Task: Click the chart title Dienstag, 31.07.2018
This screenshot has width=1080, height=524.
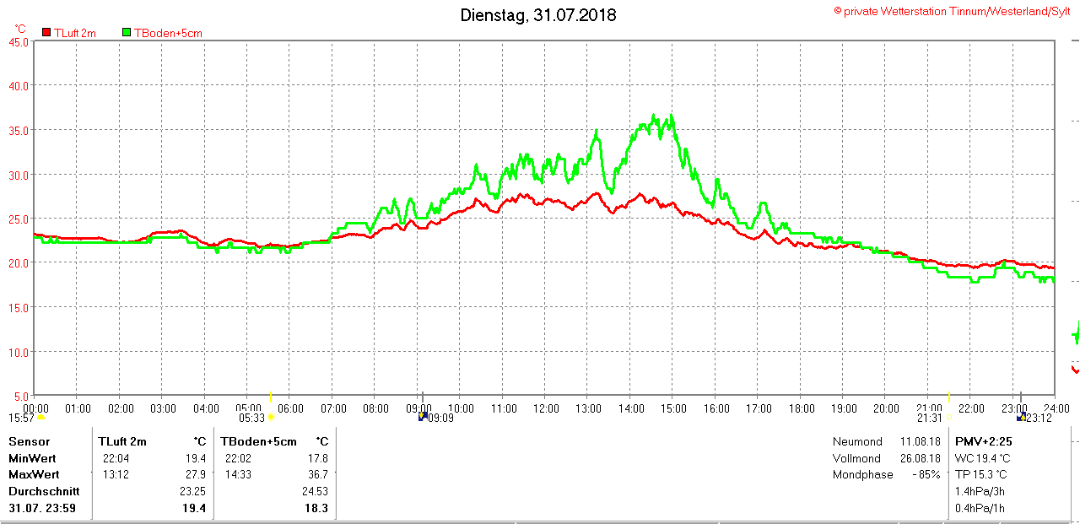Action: [x=537, y=15]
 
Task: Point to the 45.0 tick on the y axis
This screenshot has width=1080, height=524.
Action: [x=18, y=41]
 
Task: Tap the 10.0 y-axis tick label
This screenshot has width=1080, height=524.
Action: [x=18, y=351]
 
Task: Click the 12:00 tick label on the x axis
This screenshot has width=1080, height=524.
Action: [x=546, y=408]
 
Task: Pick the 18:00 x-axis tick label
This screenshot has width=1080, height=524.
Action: [x=801, y=408]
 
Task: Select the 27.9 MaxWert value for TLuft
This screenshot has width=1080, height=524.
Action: [x=195, y=474]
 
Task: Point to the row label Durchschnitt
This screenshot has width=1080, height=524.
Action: [x=44, y=491]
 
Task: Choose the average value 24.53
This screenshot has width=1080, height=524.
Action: [x=315, y=491]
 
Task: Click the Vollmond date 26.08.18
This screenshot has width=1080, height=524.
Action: [x=920, y=458]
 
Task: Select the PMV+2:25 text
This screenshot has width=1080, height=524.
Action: [x=983, y=441]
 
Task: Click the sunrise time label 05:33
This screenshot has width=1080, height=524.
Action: [x=251, y=418]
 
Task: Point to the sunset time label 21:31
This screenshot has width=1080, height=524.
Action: [x=929, y=418]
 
